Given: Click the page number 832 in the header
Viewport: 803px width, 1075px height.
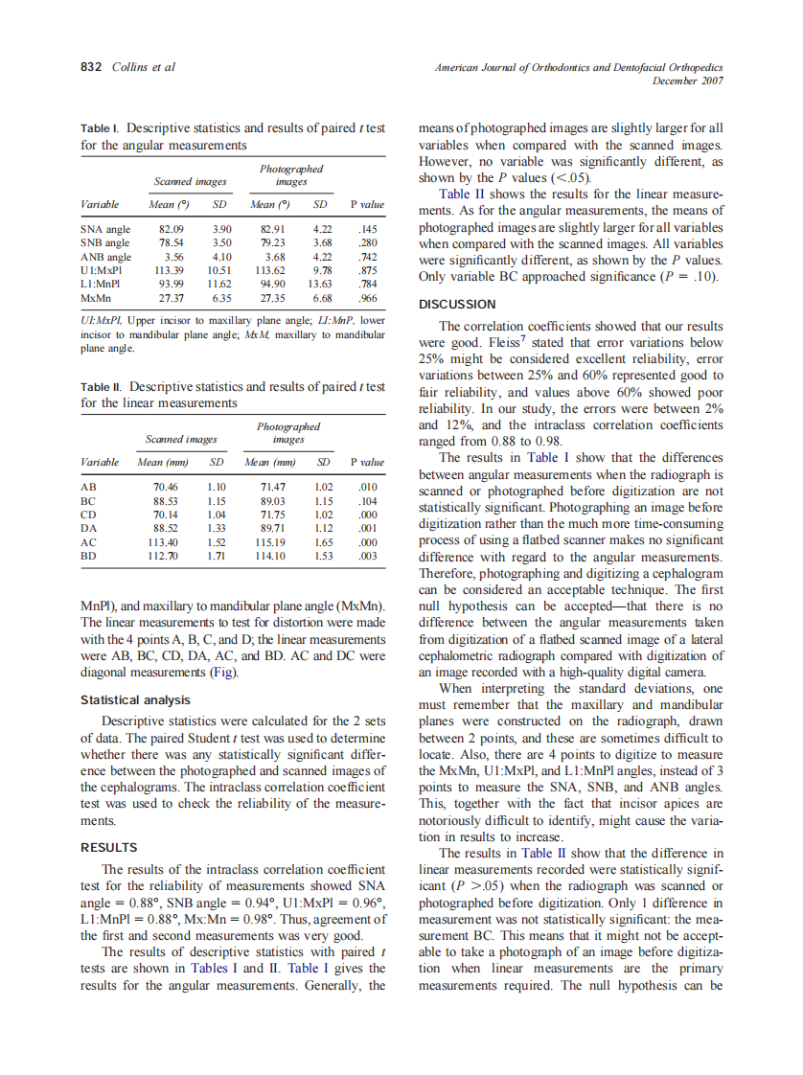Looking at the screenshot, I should coord(91,67).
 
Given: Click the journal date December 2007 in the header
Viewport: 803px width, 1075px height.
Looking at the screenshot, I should coord(687,80).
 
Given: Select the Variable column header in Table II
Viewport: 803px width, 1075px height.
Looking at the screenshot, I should coord(100,462).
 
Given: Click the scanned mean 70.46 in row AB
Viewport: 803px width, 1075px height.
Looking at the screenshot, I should coord(166,488).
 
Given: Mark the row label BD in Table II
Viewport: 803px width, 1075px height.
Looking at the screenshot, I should coord(88,555).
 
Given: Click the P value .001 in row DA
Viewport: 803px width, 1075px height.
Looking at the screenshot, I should coord(366,528).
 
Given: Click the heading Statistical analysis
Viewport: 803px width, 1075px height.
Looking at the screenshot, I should coord(135,700).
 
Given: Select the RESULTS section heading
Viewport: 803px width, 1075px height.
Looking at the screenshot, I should coord(109,847).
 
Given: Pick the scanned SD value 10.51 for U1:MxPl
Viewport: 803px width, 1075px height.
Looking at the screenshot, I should coord(219,270).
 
